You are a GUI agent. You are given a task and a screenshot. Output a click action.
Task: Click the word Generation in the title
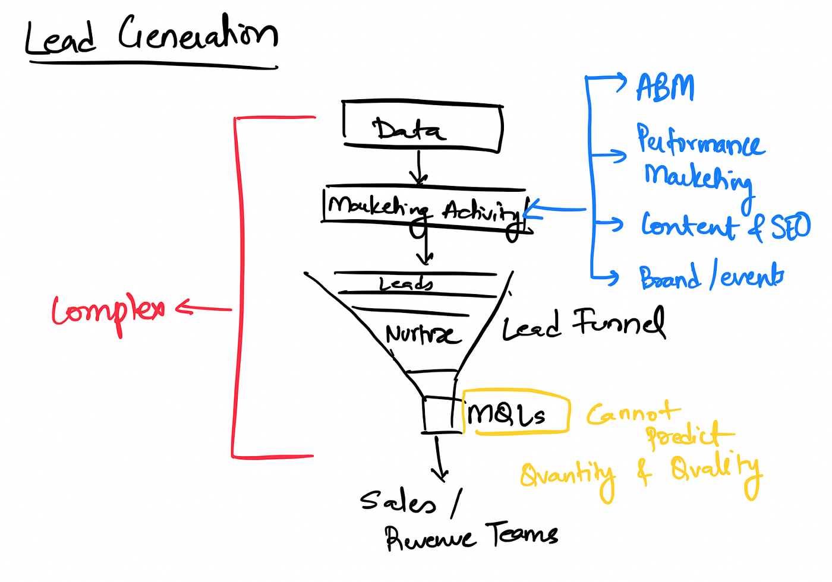[x=198, y=32]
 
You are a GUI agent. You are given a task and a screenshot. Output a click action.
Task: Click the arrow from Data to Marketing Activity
[x=418, y=167]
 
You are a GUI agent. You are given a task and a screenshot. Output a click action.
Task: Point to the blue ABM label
[x=665, y=88]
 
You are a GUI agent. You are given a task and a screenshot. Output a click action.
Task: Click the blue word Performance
[x=701, y=140]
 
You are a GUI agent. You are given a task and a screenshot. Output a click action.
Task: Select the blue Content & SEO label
[x=726, y=226]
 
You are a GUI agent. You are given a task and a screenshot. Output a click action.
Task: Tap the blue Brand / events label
[x=711, y=277]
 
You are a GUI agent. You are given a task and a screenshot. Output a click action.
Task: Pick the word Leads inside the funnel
[x=405, y=284]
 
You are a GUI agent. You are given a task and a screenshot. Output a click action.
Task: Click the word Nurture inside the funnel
[x=423, y=334]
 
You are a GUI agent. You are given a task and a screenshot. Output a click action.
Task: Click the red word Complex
[x=108, y=314]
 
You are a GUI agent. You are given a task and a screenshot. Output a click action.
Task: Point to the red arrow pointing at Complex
[x=203, y=308]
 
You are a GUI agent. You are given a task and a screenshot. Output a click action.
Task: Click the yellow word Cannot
[x=634, y=412]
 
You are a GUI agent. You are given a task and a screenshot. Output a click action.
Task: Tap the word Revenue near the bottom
[x=430, y=538]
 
